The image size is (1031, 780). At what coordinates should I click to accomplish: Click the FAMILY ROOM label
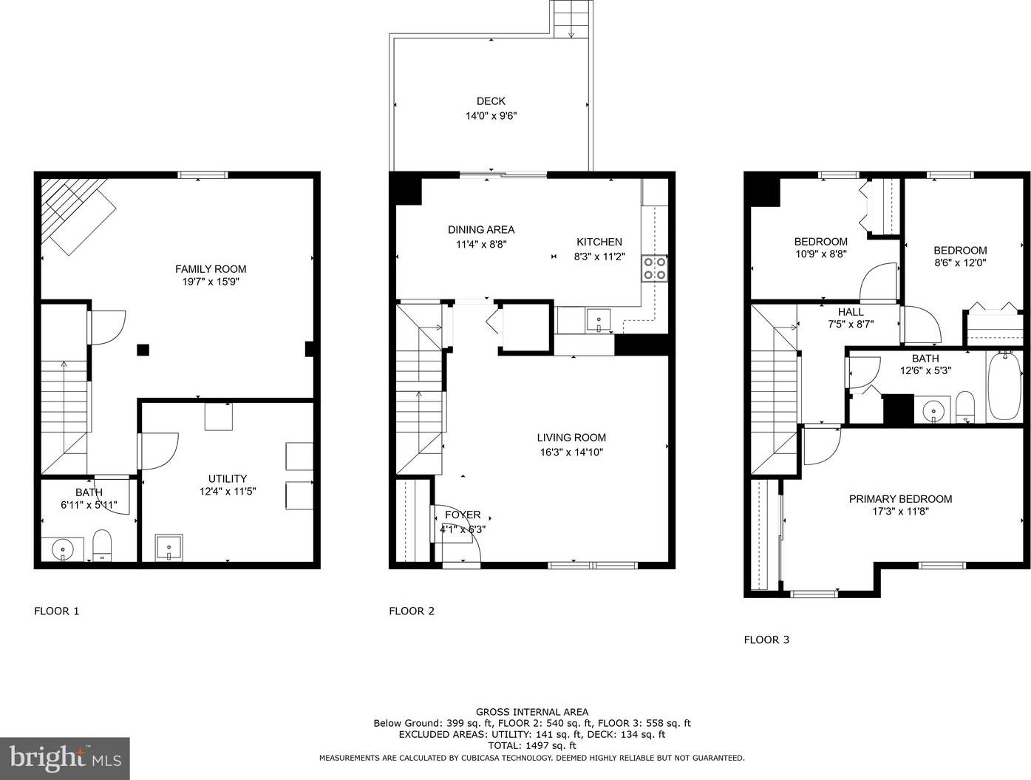point(211,269)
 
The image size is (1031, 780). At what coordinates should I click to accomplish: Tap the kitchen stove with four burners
point(655,268)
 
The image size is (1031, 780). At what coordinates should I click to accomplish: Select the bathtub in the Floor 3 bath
point(1004,387)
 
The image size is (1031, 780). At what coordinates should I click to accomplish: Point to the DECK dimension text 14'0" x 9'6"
point(491,115)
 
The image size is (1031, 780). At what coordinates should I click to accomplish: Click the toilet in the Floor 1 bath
point(102,545)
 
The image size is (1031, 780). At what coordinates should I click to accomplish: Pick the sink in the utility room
point(169,547)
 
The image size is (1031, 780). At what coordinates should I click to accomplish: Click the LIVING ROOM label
point(571,438)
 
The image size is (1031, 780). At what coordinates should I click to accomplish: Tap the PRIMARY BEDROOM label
point(900,499)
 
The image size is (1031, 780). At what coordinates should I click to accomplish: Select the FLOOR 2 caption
point(412,611)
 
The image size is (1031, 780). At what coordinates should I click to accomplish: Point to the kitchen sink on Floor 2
point(598,320)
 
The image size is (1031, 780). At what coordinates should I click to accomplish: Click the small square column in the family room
point(143,350)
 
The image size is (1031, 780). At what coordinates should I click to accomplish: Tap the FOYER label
point(463,515)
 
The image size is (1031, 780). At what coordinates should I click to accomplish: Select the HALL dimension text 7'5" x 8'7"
point(850,324)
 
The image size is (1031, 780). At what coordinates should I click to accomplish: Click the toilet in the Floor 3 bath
point(965,406)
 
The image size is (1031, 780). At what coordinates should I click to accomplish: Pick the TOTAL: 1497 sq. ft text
point(531,745)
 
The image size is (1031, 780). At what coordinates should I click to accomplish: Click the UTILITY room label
point(228,478)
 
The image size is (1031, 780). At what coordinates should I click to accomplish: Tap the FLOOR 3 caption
point(766,640)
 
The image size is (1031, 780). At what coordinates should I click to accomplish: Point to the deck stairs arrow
point(571,24)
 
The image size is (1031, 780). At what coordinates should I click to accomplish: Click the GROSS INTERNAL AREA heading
point(531,712)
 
